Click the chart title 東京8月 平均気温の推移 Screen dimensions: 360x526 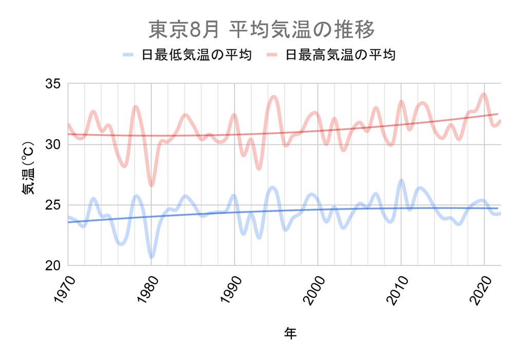point(262,30)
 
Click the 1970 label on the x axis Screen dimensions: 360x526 point(64,290)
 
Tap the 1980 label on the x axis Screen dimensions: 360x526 point(147,290)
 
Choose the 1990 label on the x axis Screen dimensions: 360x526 point(230,290)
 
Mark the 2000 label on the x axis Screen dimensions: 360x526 point(313,290)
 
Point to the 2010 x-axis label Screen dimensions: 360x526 point(397,290)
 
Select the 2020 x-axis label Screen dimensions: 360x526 point(480,290)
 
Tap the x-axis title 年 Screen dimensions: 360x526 point(290,333)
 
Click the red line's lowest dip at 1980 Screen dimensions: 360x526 point(151,185)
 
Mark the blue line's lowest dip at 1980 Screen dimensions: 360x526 point(151,256)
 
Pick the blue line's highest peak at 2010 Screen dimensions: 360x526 point(401,180)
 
